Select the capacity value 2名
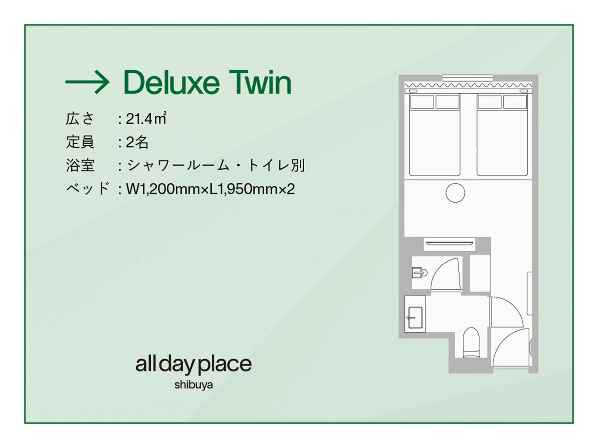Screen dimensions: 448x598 coord(137,142)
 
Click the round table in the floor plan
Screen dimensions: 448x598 coord(455,193)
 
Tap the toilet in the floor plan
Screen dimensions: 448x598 coord(471,343)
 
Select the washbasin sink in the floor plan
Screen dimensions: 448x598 coord(415,318)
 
